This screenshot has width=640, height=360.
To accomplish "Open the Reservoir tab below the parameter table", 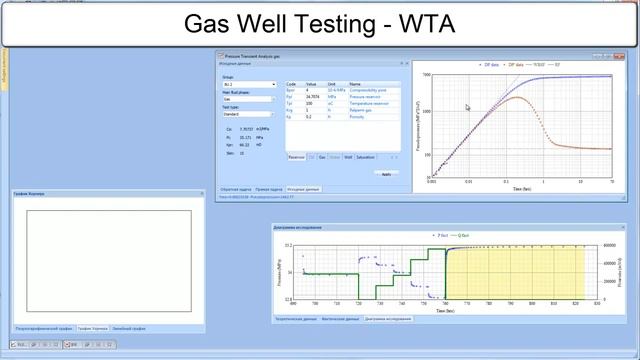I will point(296,157).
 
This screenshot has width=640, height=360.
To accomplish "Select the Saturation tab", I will point(365,157).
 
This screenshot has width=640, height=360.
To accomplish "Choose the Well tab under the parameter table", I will point(348,157).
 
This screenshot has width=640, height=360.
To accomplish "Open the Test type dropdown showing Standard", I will point(248,115).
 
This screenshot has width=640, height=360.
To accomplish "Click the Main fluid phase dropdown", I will point(248,99).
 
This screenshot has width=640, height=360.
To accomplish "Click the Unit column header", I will point(332,84).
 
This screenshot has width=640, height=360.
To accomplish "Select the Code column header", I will point(291,84).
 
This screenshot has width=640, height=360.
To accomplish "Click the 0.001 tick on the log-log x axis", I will point(431,182).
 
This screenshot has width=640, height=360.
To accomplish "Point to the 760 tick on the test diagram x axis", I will point(445,302).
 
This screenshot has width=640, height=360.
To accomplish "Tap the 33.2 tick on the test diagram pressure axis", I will point(288,245).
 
